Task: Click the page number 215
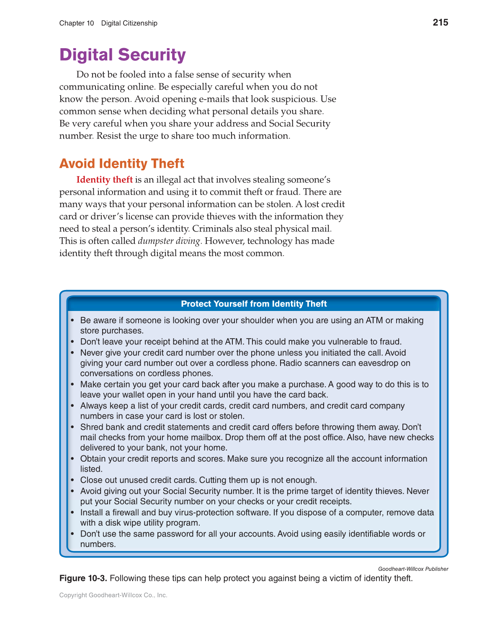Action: click(x=440, y=23)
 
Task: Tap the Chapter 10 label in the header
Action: click(x=77, y=23)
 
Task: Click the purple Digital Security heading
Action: click(x=122, y=55)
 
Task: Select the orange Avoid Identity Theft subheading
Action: click(x=122, y=163)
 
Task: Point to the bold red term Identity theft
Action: click(x=104, y=180)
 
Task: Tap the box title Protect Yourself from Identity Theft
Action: click(x=254, y=304)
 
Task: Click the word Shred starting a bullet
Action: click(x=91, y=427)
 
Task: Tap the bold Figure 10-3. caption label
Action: click(x=83, y=578)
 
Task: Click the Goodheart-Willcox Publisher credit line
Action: click(x=413, y=569)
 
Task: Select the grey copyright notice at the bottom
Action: click(x=113, y=595)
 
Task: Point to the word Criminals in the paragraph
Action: click(x=251, y=229)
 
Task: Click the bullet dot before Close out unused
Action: click(x=72, y=480)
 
